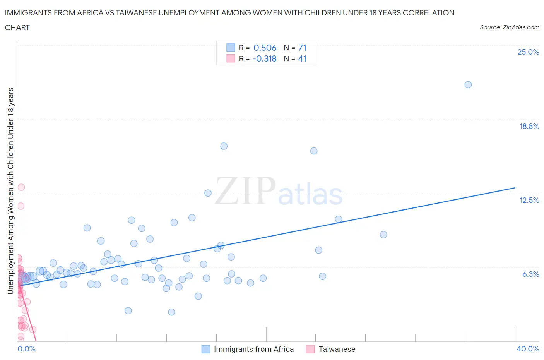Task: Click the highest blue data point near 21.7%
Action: coord(468,85)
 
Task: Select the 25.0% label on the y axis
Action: coord(528,52)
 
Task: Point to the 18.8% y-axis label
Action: coord(529,126)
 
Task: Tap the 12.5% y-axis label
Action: coord(529,200)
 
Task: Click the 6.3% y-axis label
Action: coord(530,274)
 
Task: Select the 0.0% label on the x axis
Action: coord(26,349)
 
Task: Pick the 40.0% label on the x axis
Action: coord(527,349)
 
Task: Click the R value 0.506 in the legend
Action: coord(265,48)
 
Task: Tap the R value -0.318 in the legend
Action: coord(264,58)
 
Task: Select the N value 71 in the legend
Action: coord(302,48)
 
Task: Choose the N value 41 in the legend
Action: coord(302,58)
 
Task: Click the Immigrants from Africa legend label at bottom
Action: coord(253,349)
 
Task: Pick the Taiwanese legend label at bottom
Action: coord(337,349)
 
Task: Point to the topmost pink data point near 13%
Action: coord(21,187)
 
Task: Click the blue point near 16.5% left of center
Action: coord(224,146)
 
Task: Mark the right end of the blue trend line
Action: coord(515,188)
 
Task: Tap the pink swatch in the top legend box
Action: coord(231,58)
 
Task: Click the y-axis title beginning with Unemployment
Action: coord(11,190)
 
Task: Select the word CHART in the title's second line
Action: coord(17,27)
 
